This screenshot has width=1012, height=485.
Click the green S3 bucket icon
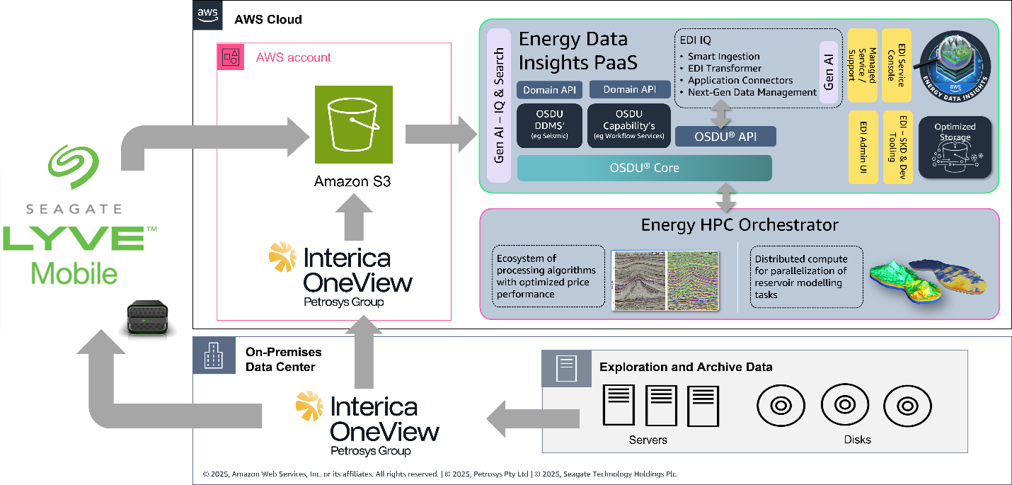coord(354,125)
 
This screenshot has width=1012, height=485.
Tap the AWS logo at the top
coord(207,15)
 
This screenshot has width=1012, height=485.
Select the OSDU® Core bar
coord(644,168)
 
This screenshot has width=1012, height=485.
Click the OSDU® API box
coord(725,136)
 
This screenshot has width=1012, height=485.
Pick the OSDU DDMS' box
coord(550,126)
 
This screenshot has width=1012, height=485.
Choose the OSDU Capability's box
coord(628,126)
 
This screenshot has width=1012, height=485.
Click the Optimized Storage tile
coord(955,147)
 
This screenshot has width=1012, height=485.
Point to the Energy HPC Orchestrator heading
coord(740,225)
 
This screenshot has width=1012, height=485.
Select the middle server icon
coord(661,405)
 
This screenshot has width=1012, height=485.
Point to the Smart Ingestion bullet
coord(723,57)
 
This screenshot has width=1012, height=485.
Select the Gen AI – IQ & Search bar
coord(499,105)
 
